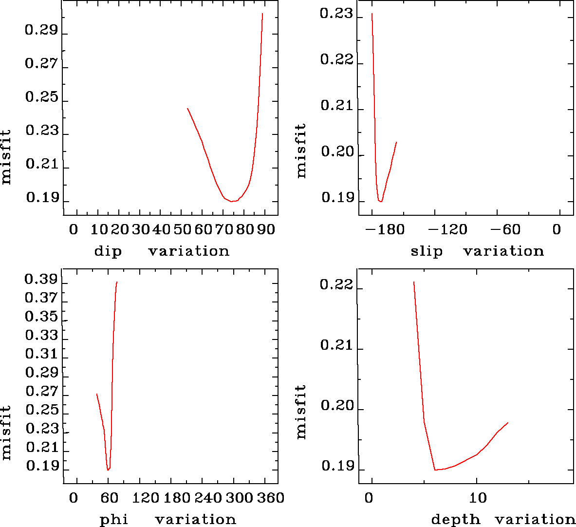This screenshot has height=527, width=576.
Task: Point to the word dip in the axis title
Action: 108,251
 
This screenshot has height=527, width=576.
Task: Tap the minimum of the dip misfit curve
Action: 233,201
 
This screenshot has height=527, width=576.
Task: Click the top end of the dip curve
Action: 262,14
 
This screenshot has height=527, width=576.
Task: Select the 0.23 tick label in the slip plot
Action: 336,14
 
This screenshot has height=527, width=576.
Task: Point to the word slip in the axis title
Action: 427,251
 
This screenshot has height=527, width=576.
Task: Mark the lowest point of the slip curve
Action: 380,201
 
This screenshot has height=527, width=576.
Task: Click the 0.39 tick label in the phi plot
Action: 41,280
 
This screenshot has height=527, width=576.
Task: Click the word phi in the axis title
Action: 114,520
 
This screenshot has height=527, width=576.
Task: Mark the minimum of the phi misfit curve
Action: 108,470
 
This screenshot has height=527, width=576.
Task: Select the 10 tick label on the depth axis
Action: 478,498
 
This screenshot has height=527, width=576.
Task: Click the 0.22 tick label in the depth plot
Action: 336,284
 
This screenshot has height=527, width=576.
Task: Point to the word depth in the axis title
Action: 456,520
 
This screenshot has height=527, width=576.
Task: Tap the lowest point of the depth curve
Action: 435,470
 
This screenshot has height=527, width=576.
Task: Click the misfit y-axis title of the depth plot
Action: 301,412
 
